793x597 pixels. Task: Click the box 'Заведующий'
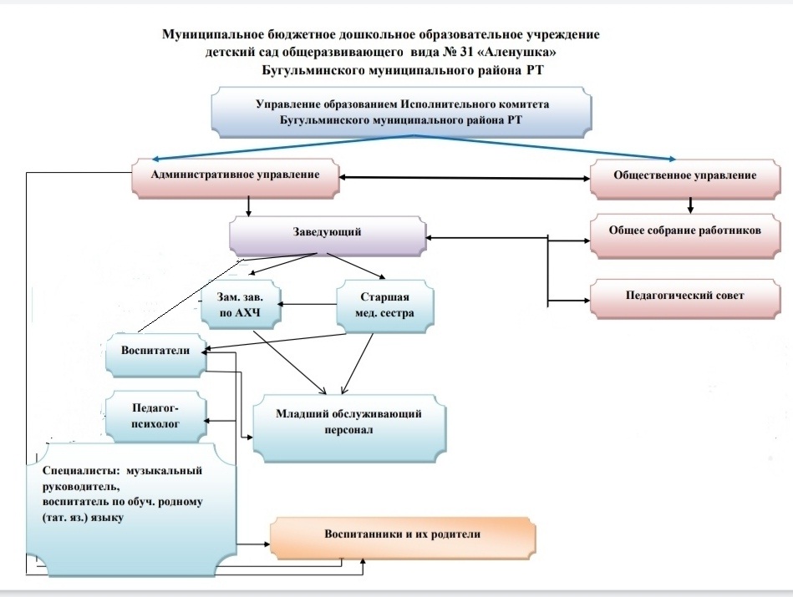(328, 234)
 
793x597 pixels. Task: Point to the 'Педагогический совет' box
(684, 296)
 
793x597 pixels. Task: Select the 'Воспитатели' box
(156, 352)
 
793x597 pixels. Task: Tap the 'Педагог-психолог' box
(156, 416)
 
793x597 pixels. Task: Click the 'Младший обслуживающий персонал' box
(348, 422)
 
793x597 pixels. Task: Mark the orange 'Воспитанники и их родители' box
(402, 535)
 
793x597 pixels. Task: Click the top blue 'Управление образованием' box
(409, 113)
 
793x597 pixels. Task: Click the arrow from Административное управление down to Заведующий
(248, 205)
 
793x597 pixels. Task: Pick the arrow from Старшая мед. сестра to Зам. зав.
(308, 306)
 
